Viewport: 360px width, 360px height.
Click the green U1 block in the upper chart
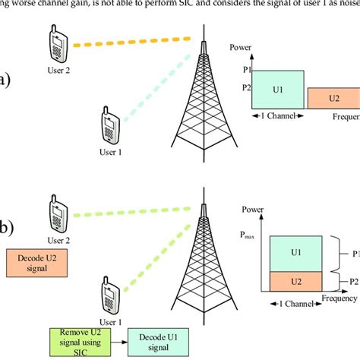coord(277,89)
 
